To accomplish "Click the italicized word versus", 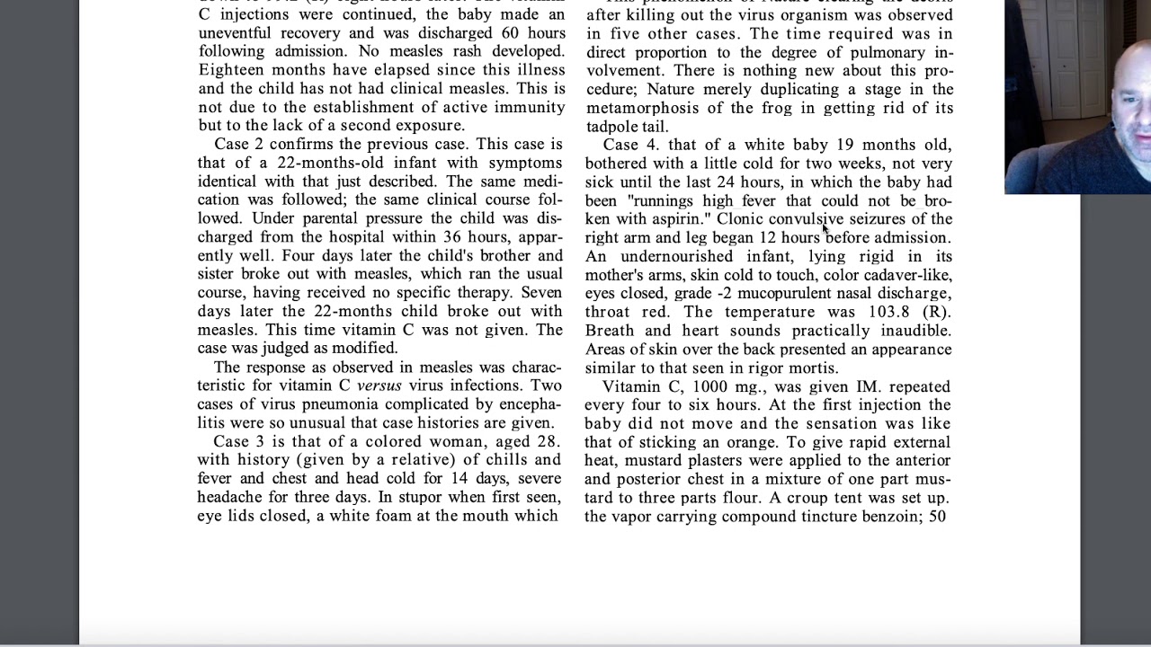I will tap(379, 386).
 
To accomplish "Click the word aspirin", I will tap(673, 219).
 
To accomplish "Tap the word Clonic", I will tap(740, 219).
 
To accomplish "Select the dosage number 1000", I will tap(710, 386).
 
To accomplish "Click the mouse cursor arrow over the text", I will tap(825, 229).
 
